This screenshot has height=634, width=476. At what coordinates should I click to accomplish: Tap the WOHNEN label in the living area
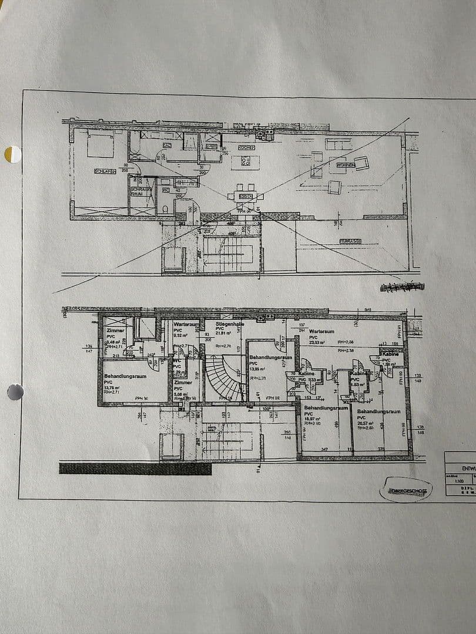[x=346, y=166]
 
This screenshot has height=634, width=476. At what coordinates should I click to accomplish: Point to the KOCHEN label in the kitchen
[x=246, y=148]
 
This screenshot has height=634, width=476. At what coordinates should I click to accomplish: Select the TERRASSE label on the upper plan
[x=350, y=241]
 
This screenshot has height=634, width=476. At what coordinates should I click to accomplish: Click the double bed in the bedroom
[x=100, y=144]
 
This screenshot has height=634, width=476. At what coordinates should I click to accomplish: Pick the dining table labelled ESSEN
[x=245, y=195]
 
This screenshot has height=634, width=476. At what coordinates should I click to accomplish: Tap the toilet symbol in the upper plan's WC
[x=165, y=209]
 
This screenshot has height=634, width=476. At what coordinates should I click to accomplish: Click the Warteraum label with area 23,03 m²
[x=322, y=331]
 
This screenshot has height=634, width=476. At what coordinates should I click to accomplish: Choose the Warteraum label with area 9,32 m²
[x=185, y=324]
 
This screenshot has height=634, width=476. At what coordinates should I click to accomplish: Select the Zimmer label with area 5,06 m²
[x=183, y=382]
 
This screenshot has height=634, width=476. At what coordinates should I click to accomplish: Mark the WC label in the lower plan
[x=177, y=361]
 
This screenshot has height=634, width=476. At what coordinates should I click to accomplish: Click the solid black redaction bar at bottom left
[x=135, y=468]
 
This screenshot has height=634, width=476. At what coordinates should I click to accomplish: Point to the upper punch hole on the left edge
[x=12, y=154]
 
